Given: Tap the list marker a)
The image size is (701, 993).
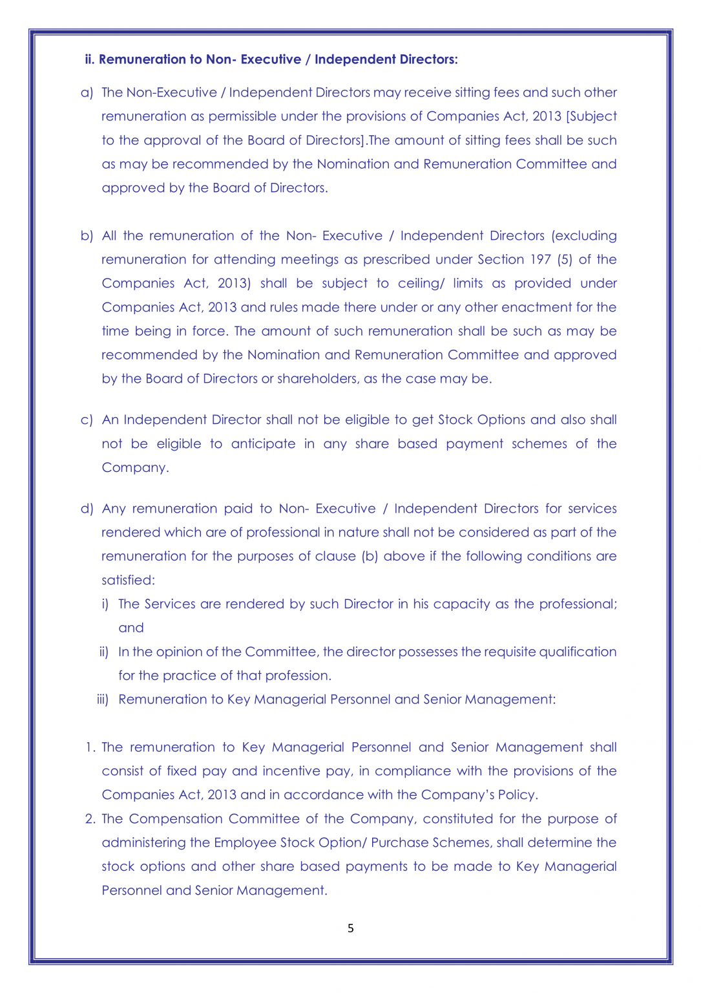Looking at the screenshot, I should pyautogui.click(x=87, y=92).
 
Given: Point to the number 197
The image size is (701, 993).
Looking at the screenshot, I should pyautogui.click(x=540, y=259).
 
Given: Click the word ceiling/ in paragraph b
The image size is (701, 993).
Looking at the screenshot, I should pyautogui.click(x=421, y=283).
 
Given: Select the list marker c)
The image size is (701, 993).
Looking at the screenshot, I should pyautogui.click(x=87, y=420).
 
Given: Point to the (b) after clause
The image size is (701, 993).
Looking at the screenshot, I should pyautogui.click(x=370, y=557).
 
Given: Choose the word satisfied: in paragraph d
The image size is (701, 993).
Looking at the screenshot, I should pyautogui.click(x=128, y=581).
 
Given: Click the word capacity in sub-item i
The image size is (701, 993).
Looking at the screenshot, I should pyautogui.click(x=461, y=604).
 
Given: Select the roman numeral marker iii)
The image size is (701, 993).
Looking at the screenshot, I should pyautogui.click(x=103, y=699).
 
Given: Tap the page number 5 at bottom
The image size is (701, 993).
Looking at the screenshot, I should pyautogui.click(x=351, y=928).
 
